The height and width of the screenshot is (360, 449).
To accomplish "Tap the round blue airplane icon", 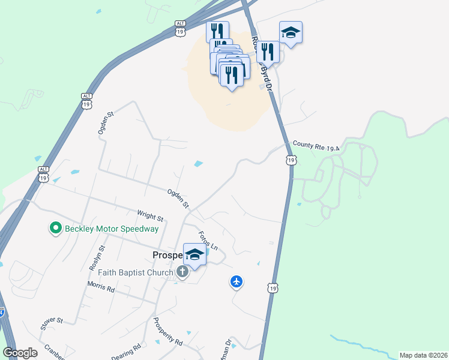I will [237, 281].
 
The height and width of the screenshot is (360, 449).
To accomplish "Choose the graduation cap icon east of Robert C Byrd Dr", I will [291, 32].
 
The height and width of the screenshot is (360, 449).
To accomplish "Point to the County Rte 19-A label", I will [316, 145].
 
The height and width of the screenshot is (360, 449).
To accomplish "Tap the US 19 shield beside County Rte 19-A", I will [291, 160].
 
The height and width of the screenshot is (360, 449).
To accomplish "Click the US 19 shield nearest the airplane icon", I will [273, 288].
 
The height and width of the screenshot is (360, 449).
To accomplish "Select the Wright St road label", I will [150, 215].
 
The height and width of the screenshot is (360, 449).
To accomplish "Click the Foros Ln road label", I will [207, 241].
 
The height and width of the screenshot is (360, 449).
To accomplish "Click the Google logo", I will [20, 353].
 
